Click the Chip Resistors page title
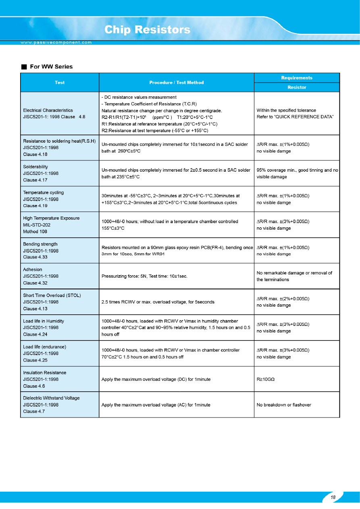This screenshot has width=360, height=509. coord(147,30)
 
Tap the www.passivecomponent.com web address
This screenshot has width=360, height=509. coord(56,42)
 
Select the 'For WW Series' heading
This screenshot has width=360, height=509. coord(51,66)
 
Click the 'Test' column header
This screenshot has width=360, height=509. coord(60,83)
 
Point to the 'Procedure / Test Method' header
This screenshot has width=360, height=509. coord(176,83)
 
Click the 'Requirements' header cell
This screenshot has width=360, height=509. coord(296,78)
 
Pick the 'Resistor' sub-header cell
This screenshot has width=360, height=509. coord(296,87)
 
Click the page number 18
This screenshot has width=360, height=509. coord(333,497)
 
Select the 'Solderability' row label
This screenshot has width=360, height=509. coord(35,167)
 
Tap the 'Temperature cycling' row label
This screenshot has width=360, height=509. coord(43,193)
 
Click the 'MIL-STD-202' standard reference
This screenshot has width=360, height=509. coord(37,225)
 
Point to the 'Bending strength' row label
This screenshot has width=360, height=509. coord(40,244)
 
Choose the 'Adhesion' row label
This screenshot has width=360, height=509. coord(33,270)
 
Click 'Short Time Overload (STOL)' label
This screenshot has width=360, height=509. coord(52,295)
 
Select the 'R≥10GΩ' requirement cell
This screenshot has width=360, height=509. coord(266,379)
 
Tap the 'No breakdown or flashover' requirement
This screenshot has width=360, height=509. coord(284,405)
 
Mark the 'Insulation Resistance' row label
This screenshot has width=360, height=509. coord(45,373)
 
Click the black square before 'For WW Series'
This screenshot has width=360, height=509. coord(24,66)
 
